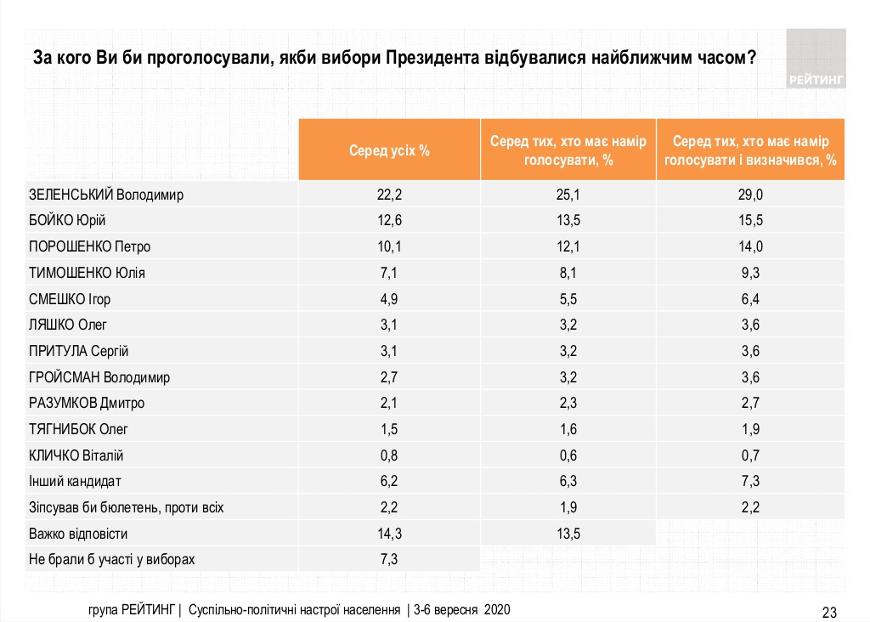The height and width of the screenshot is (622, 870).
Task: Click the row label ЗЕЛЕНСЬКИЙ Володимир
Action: point(106,195)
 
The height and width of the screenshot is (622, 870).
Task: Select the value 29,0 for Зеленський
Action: point(750,195)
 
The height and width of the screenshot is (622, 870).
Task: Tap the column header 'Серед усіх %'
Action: point(389,150)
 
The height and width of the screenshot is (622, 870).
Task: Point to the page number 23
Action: point(830,612)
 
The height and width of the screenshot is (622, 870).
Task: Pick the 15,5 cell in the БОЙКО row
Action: point(750,221)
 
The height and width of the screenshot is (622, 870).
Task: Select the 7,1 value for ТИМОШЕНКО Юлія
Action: point(389,273)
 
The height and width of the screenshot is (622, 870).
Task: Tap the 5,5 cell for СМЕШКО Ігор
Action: point(568,299)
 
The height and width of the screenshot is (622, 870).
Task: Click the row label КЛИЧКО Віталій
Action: point(82,455)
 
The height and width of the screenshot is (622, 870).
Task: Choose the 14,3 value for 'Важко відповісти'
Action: point(389,534)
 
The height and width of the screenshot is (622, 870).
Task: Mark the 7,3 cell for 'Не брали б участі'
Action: point(389,560)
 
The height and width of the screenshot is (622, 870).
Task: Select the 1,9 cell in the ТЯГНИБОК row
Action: point(750,429)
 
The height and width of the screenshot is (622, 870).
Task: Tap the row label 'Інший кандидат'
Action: point(76,482)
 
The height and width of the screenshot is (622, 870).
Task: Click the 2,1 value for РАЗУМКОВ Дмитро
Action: point(389,403)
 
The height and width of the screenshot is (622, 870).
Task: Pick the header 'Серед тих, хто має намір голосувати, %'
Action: point(568,150)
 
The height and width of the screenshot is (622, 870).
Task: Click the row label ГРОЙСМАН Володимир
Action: point(99,377)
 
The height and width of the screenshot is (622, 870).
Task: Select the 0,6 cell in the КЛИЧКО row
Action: point(568,455)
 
